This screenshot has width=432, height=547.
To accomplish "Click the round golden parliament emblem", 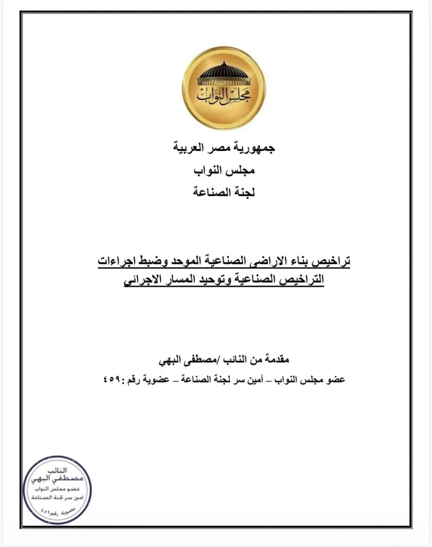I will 224,88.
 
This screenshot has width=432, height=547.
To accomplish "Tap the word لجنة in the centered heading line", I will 244,193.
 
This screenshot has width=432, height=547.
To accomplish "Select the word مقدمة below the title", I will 275,359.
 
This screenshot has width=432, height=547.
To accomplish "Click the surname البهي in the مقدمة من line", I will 169,360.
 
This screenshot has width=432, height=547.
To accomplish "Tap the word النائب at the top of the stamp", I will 57,470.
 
